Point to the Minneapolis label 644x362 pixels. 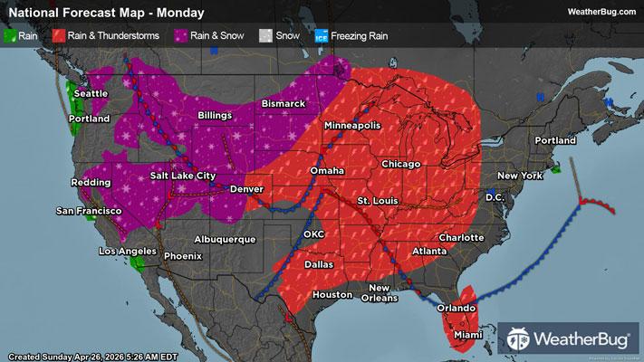pos(352,125)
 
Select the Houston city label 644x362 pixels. pos(332,295)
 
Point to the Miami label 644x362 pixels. pos(466,335)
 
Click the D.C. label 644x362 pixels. pos(495,196)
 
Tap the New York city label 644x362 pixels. pos(518,175)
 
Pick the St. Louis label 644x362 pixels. pos(375,199)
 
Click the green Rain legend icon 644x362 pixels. pos(11,37)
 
